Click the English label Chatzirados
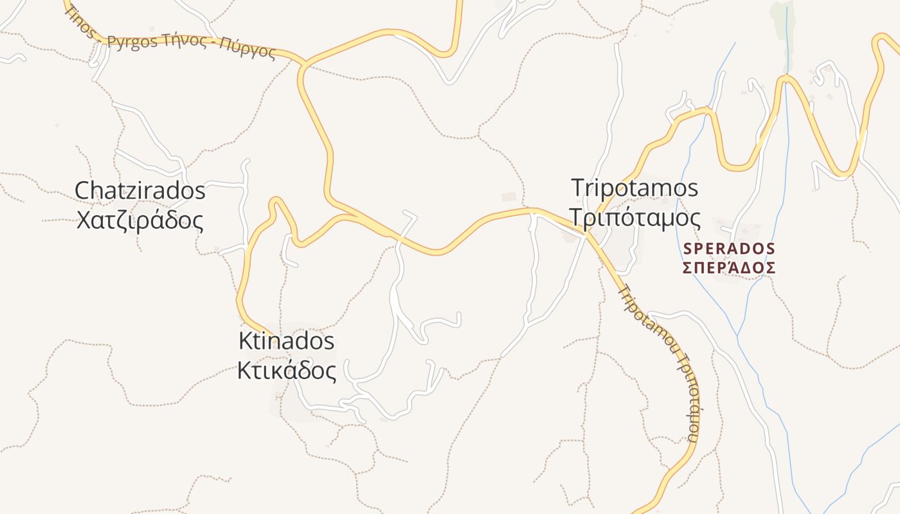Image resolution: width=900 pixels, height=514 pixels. [x=140, y=190]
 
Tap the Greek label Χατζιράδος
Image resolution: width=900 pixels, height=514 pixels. [x=140, y=220]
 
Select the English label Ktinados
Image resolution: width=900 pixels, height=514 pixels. [x=287, y=341]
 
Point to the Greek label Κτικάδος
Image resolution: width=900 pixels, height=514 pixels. [x=287, y=371]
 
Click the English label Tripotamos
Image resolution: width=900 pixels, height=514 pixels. [x=634, y=188]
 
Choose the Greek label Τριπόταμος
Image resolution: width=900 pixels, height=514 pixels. [x=635, y=218]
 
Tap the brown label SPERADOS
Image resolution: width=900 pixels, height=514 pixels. [x=729, y=248]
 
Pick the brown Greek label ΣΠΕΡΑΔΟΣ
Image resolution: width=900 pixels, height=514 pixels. [x=729, y=267]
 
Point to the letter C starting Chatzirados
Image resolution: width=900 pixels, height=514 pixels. [x=82, y=190]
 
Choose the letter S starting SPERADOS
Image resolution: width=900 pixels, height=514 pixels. [x=687, y=248]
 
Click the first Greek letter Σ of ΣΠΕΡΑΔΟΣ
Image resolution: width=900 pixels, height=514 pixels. [x=687, y=267]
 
